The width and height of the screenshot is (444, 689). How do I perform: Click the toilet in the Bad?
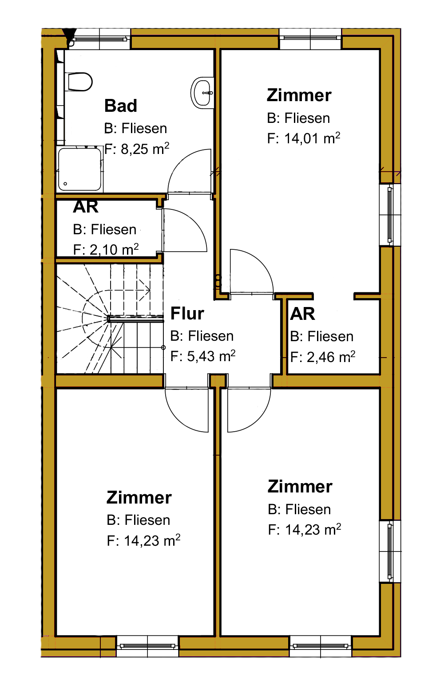click(x=80, y=82)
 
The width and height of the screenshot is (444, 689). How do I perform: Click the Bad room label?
click(x=121, y=106)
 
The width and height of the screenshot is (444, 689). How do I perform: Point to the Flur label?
click(x=187, y=313)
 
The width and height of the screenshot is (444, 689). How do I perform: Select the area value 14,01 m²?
click(x=312, y=138)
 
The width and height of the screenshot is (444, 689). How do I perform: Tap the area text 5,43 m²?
click(x=211, y=356)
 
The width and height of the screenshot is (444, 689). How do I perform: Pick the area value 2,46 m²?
click(x=331, y=357)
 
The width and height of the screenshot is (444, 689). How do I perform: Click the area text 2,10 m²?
click(x=114, y=249)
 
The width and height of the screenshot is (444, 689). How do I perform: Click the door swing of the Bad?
click(x=190, y=172)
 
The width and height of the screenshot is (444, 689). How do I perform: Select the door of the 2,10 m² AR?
click(x=184, y=230)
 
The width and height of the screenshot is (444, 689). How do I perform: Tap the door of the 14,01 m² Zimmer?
click(x=252, y=271)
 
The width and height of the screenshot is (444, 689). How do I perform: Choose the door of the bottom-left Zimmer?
click(x=187, y=409)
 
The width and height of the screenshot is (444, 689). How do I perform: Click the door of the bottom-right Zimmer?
click(x=249, y=409)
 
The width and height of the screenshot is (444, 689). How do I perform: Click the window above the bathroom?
click(x=99, y=39)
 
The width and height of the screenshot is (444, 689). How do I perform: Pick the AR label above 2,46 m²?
click(x=302, y=314)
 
